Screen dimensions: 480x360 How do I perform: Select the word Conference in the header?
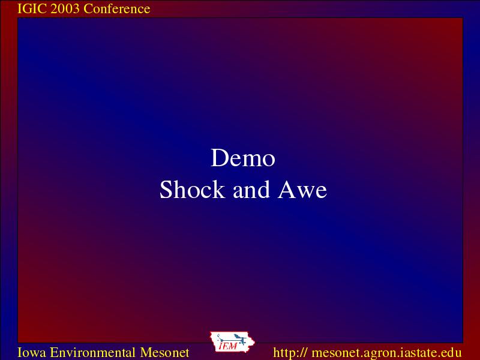116,8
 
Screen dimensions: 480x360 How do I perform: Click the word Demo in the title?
243,158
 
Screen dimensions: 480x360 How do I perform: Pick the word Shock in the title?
192,190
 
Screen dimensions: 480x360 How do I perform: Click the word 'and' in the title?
251,190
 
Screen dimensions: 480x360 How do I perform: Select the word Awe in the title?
302,190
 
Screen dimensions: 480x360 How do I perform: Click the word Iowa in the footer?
32,352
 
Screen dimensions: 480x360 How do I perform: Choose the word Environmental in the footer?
93,352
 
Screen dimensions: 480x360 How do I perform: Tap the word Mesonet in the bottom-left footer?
164,352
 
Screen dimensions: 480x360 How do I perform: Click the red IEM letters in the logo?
228,346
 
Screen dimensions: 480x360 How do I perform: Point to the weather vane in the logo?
233,339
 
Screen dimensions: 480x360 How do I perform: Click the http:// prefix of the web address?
290,352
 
